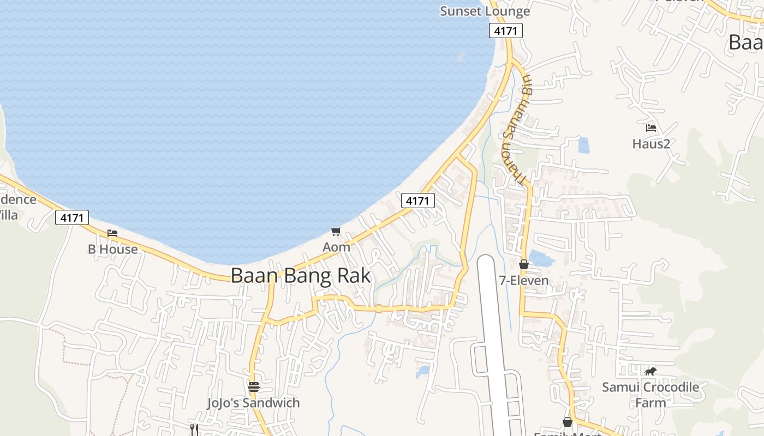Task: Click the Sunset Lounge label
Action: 485,11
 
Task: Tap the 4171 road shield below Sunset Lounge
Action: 505,31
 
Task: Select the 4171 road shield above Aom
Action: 417,201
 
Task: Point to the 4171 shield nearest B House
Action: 72,218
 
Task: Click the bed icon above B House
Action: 112,233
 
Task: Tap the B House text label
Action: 113,249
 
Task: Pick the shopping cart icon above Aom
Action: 336,231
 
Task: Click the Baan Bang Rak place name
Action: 301,276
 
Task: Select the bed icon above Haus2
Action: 651,128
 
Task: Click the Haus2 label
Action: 651,144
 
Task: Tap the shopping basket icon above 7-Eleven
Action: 524,264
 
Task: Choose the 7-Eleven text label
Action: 524,281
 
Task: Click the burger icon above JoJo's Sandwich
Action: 254,387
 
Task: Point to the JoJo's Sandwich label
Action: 253,403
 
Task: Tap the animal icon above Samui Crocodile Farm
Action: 650,372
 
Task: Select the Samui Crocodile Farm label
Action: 650,395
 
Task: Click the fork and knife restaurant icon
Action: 194,429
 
